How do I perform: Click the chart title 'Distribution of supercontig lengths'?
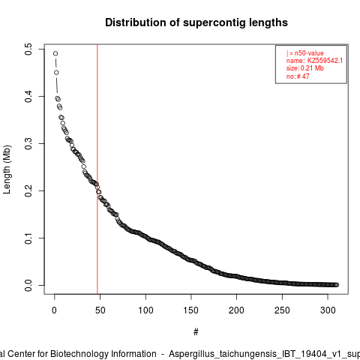(196, 22)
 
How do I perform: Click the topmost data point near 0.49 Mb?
(55, 53)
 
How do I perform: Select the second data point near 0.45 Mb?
(56, 73)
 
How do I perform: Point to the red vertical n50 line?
(97, 169)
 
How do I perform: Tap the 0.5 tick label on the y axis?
(28, 49)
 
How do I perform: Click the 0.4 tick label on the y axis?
(28, 96)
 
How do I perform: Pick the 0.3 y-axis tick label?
(28, 143)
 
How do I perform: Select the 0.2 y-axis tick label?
(28, 190)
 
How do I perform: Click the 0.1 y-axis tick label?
(28, 238)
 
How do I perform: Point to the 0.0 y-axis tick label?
(28, 285)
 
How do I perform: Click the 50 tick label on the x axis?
(100, 310)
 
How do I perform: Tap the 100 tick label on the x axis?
(145, 310)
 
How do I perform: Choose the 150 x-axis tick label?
(191, 310)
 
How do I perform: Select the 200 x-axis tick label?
(236, 310)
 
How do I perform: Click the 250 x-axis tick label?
(282, 310)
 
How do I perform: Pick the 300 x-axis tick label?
(328, 310)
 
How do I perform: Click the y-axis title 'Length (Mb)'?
(7, 169)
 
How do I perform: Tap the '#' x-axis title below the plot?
(196, 331)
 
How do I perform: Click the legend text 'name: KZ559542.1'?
(314, 61)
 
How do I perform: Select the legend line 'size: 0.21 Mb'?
(305, 68)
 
